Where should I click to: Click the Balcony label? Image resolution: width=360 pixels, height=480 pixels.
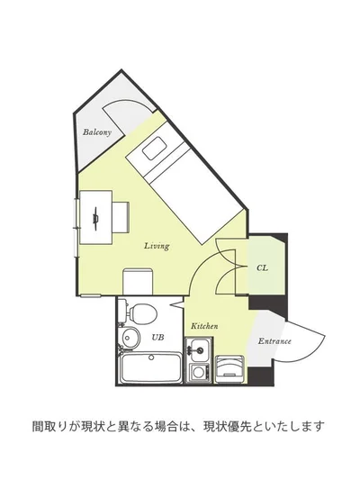[96, 132]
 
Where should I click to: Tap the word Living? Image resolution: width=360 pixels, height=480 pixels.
[157, 246]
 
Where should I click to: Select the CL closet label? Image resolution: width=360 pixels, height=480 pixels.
[262, 267]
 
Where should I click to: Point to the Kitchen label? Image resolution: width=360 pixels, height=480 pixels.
[204, 326]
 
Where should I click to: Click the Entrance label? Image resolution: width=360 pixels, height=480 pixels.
[274, 341]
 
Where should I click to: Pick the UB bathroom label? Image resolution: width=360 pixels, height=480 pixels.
[157, 337]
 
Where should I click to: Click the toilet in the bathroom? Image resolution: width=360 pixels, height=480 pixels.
[139, 312]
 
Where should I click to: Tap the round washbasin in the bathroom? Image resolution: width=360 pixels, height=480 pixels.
[130, 338]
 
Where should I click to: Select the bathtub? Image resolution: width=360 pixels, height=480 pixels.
[150, 367]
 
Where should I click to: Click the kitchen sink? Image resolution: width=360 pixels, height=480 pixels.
[199, 349]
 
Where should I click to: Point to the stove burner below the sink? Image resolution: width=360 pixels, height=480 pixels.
[199, 372]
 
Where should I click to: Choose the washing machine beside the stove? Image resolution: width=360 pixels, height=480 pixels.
[229, 369]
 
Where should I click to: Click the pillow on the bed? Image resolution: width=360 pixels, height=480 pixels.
[155, 149]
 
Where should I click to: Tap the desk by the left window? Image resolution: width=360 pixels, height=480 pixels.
[95, 217]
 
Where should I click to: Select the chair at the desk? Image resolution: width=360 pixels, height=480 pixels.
[121, 217]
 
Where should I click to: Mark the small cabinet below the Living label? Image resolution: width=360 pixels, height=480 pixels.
[138, 282]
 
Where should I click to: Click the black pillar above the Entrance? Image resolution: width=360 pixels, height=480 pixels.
[267, 306]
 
